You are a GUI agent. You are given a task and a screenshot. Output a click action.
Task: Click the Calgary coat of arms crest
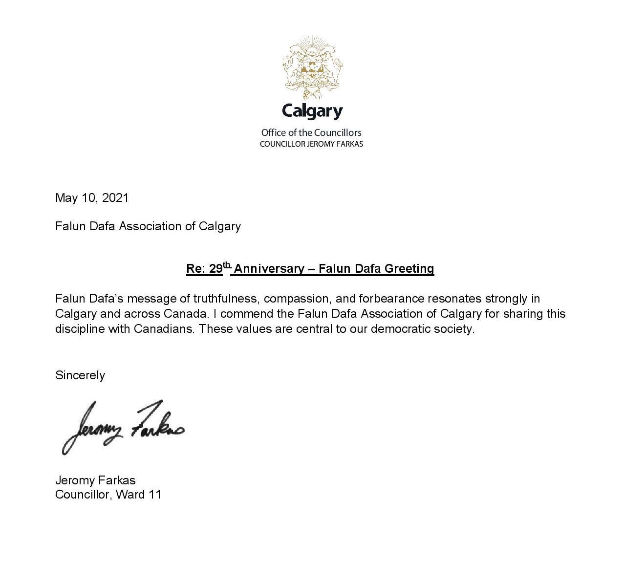(312, 65)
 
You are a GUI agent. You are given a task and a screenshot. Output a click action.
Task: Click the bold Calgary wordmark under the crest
(312, 111)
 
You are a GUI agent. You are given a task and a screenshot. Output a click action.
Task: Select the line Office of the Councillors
(311, 132)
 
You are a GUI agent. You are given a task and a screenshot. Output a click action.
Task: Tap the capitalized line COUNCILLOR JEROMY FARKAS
(311, 144)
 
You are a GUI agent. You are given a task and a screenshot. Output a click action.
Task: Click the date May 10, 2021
(92, 197)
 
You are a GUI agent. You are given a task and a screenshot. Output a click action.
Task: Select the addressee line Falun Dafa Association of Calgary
(148, 226)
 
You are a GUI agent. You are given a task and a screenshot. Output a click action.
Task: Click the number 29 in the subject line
(215, 269)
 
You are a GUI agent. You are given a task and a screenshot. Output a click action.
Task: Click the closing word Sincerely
(80, 375)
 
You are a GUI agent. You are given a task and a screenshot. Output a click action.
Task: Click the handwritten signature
(122, 427)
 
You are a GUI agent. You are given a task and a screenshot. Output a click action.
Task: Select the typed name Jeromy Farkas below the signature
(95, 480)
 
